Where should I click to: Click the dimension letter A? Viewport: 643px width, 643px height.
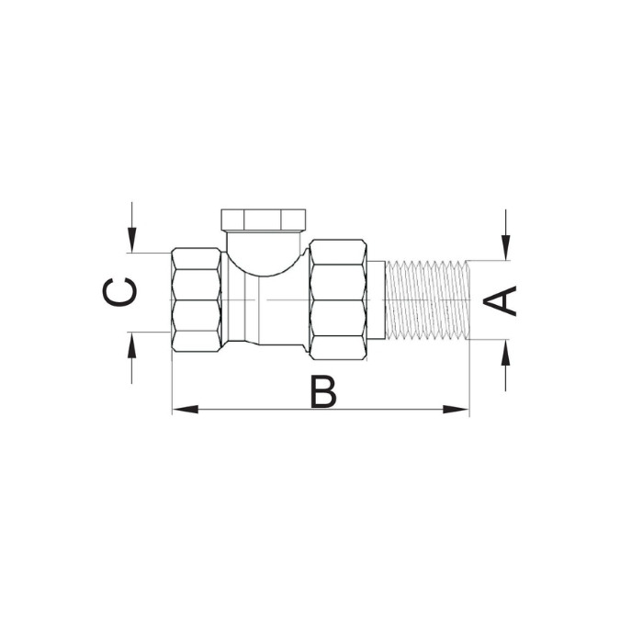500,300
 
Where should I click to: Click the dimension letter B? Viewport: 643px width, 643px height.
323,391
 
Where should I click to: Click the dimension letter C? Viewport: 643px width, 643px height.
118,292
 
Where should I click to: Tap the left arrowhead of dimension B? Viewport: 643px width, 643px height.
186,410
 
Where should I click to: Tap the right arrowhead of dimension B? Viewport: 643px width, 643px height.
456,410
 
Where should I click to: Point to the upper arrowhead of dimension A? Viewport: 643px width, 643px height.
506,247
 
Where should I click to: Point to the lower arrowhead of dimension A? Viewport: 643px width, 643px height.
506,353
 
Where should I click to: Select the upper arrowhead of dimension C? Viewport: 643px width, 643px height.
131,240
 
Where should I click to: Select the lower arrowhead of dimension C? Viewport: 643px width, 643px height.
131,344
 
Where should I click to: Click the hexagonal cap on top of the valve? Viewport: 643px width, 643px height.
264,220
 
